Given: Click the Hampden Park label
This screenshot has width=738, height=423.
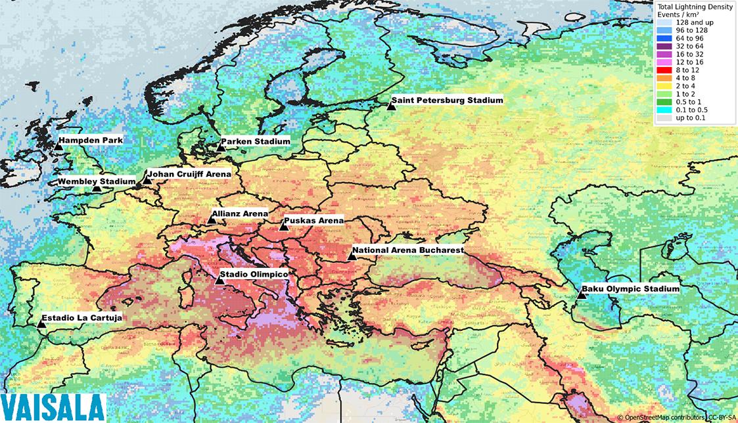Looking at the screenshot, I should tap(90, 140).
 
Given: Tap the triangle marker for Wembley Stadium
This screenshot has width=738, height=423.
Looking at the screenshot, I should tap(97, 188).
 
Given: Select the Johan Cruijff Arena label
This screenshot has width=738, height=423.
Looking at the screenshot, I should tap(189, 174).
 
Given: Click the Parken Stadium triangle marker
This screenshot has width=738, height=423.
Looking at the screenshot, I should tap(221, 147).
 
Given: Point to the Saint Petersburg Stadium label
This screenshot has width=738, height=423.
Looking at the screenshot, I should tap(446, 100).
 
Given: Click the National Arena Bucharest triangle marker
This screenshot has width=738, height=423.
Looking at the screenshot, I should tap(352, 256).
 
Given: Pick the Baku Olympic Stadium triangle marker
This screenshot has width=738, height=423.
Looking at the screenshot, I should tap(581, 294).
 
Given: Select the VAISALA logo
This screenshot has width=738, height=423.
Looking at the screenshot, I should tap(53, 407).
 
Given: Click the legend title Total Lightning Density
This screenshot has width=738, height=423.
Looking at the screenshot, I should tap(696, 5).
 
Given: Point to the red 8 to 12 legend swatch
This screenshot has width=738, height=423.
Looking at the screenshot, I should tap(665, 69).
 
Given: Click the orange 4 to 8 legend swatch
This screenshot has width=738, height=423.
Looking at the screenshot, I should tap(665, 78).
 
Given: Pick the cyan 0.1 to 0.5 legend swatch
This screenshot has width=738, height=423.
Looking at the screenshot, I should tap(665, 110).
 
